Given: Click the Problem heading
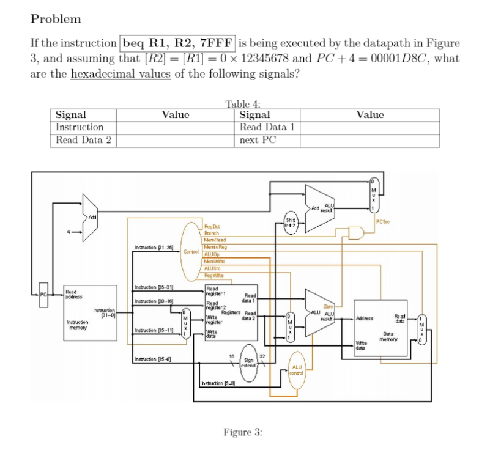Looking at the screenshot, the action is pyautogui.click(x=56, y=19).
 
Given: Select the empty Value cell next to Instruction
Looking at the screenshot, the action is pyautogui.click(x=176, y=128).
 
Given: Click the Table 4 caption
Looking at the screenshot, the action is pyautogui.click(x=243, y=104).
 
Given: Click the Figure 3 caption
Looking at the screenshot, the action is pyautogui.click(x=243, y=432).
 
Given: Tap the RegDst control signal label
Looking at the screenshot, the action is pyautogui.click(x=211, y=228).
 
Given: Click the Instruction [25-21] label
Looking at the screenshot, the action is pyautogui.click(x=150, y=287).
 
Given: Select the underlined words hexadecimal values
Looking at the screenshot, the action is pyautogui.click(x=121, y=74).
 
